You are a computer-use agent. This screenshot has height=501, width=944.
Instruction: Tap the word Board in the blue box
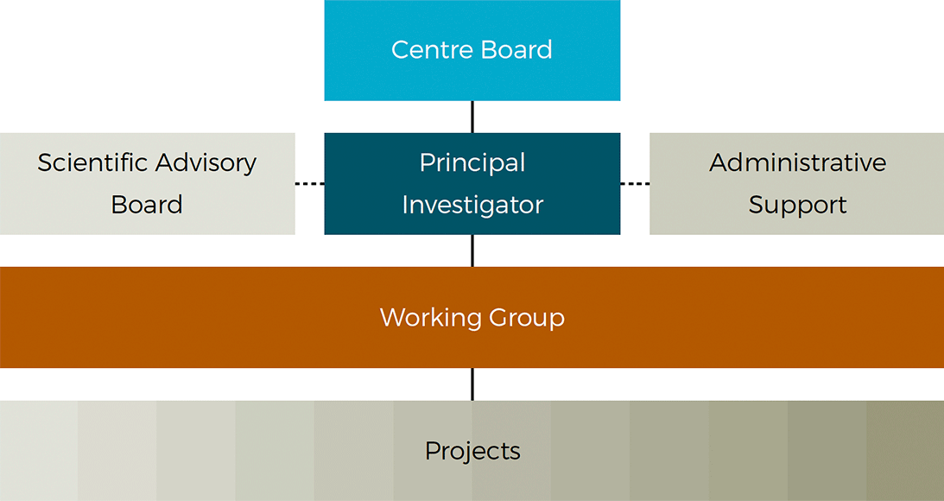[516, 49]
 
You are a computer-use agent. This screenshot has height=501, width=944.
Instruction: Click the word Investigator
[472, 206]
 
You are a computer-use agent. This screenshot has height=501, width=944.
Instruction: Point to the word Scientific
[92, 162]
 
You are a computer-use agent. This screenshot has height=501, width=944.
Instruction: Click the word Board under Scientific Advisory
[147, 205]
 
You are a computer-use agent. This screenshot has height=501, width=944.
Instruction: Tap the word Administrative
[798, 162]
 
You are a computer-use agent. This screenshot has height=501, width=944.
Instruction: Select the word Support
[798, 206]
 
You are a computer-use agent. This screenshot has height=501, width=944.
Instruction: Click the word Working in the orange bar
[430, 318]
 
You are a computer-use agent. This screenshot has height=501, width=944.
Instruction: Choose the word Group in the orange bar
[527, 318]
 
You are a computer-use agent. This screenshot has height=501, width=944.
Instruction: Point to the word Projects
[472, 452]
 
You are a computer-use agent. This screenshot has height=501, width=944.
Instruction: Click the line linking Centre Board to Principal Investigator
[472, 117]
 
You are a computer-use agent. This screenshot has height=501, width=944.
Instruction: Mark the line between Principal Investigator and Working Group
[472, 250]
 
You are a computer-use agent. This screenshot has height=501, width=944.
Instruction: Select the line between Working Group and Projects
[472, 384]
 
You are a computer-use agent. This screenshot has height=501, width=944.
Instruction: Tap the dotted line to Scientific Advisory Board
[309, 184]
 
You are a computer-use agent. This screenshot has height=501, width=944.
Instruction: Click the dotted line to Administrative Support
[635, 184]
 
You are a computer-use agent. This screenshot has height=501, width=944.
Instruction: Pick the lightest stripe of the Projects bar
[39, 450]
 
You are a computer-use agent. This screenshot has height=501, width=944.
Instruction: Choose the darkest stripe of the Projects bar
[905, 450]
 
